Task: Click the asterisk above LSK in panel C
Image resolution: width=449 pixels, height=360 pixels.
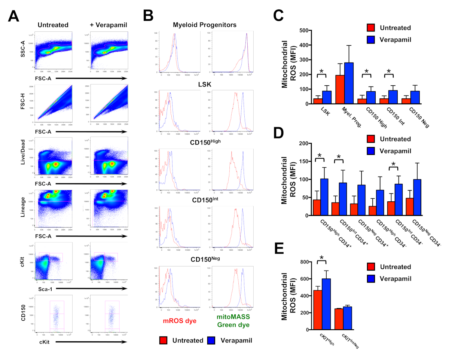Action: coord(321,71)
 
